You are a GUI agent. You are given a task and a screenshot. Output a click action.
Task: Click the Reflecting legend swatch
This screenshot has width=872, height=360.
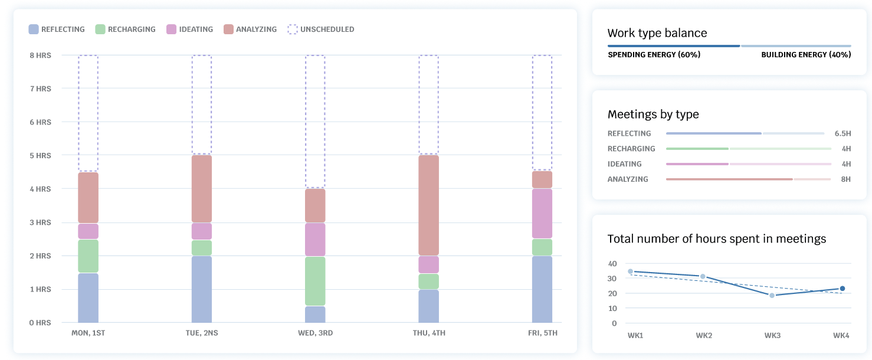(34, 29)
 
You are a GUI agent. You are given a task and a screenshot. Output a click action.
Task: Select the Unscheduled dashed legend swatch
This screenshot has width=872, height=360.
(293, 29)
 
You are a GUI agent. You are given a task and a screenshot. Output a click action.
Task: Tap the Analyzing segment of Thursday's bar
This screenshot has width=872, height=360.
(429, 205)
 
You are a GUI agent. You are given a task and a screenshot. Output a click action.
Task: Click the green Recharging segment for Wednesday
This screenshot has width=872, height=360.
(315, 281)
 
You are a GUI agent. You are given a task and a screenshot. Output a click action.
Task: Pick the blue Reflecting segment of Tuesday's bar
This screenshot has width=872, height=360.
(202, 289)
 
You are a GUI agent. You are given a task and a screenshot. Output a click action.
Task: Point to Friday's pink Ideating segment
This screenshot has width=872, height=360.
(542, 214)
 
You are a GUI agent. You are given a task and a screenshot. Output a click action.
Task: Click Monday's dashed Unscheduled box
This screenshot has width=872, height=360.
(88, 113)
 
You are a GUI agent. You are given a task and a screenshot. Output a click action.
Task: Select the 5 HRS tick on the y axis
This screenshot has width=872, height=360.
(40, 156)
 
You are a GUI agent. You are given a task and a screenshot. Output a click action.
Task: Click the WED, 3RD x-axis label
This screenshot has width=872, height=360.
(315, 333)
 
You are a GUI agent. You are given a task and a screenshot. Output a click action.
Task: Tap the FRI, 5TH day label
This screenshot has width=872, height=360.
(542, 333)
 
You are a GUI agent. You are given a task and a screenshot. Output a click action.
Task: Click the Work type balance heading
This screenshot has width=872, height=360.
(657, 33)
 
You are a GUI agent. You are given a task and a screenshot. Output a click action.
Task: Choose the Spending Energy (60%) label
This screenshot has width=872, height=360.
(654, 55)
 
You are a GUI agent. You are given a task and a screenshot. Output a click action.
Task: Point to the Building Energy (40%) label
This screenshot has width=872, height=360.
(806, 55)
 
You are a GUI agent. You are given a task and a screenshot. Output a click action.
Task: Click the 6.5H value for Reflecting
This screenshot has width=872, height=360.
(843, 133)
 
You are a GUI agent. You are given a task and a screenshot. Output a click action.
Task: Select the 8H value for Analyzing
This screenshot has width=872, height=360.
(845, 179)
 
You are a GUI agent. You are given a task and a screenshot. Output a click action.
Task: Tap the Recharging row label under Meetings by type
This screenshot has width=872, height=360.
(631, 149)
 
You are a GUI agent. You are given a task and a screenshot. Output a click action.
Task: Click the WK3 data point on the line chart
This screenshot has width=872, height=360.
(772, 295)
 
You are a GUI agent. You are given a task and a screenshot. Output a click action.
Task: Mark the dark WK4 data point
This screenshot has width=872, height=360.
(843, 289)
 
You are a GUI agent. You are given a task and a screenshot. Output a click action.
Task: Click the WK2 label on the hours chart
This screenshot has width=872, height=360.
(704, 336)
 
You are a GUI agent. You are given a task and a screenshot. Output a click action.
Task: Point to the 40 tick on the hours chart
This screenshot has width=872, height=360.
(612, 264)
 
